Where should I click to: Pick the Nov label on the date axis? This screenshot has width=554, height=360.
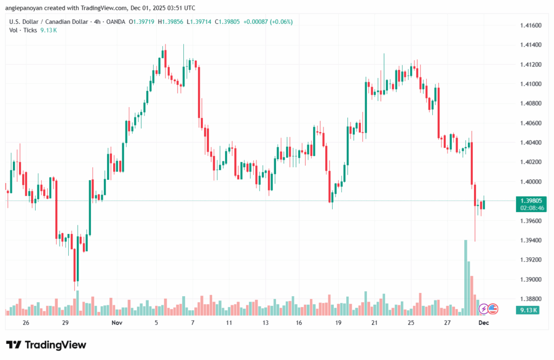116,323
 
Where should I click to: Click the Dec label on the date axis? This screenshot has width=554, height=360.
483,323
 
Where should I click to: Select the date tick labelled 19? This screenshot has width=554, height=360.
338,323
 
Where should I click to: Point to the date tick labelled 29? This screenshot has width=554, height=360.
65,323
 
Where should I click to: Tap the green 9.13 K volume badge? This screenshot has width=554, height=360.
526,310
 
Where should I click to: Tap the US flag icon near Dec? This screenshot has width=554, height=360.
492,309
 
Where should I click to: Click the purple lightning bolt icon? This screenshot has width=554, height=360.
483,309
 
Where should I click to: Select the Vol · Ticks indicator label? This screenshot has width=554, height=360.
23,30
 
